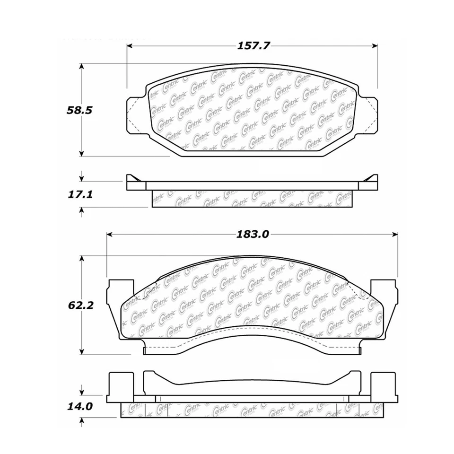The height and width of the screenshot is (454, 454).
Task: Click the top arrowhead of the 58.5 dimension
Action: click(x=82, y=67)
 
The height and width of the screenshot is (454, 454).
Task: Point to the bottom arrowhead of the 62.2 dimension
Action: click(x=82, y=351)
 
